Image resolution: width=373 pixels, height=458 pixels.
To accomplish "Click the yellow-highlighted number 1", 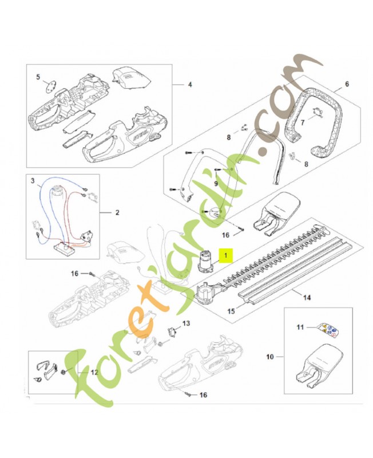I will tap(225, 255).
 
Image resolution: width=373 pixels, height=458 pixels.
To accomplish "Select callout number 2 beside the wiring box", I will tap(117, 212).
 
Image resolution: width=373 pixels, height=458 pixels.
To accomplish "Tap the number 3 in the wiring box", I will tap(33, 181).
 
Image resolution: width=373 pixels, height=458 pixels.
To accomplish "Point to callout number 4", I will tap(190, 85).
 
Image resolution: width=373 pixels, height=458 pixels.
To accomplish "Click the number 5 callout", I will tap(38, 76).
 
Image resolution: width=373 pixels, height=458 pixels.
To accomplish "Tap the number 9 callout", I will tap(216, 183).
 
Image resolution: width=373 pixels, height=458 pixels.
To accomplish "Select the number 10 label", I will tap(269, 357).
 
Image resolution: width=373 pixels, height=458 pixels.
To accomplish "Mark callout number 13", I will tap(185, 324).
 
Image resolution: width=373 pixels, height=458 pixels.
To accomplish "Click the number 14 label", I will tap(306, 297).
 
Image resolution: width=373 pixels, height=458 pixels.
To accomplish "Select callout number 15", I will tap(232, 312).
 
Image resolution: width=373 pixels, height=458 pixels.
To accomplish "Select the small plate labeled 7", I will tap(318, 117).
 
